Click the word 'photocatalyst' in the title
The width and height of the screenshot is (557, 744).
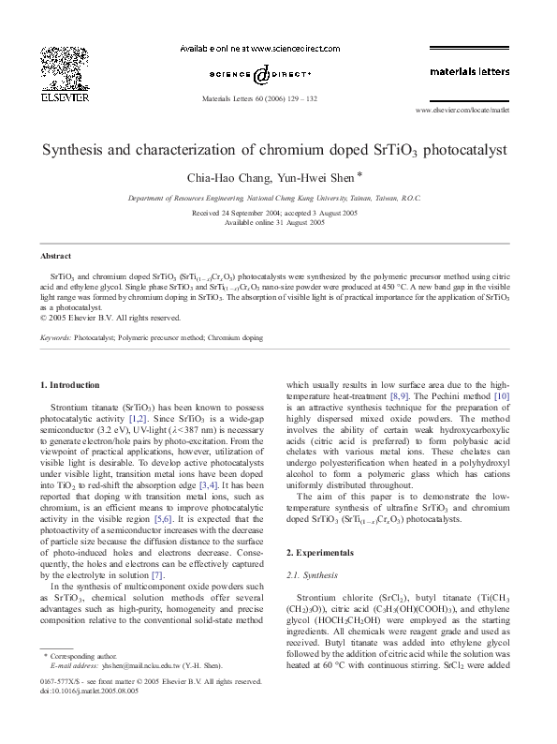(x=465, y=149)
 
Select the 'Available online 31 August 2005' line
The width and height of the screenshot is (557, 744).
(x=278, y=223)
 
